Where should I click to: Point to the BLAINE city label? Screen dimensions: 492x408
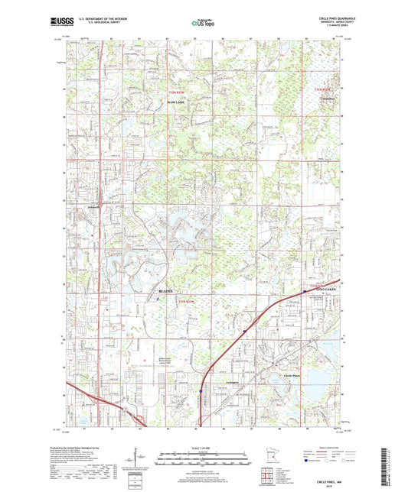point(165,291)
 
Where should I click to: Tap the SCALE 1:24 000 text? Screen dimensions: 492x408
point(204,447)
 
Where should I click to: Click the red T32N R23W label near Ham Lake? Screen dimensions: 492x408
point(177,93)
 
